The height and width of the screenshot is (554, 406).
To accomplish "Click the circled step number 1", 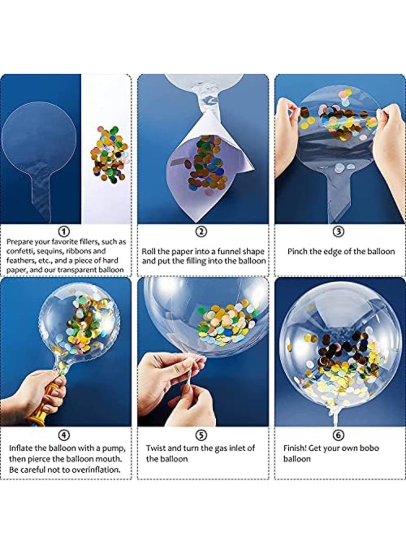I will pyautogui.click(x=65, y=232).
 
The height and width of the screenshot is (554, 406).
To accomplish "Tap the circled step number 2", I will pyautogui.click(x=202, y=232).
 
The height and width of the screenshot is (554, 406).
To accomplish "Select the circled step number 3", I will pyautogui.click(x=339, y=232).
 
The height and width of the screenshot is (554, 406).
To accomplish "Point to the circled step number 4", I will pyautogui.click(x=65, y=435).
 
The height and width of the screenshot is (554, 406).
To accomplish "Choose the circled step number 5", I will pyautogui.click(x=202, y=435).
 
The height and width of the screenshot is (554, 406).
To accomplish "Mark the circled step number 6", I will pyautogui.click(x=339, y=435).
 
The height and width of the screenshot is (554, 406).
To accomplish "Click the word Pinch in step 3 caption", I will pyautogui.click(x=298, y=251).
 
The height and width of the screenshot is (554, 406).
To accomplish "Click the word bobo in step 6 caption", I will pyautogui.click(x=369, y=448).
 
